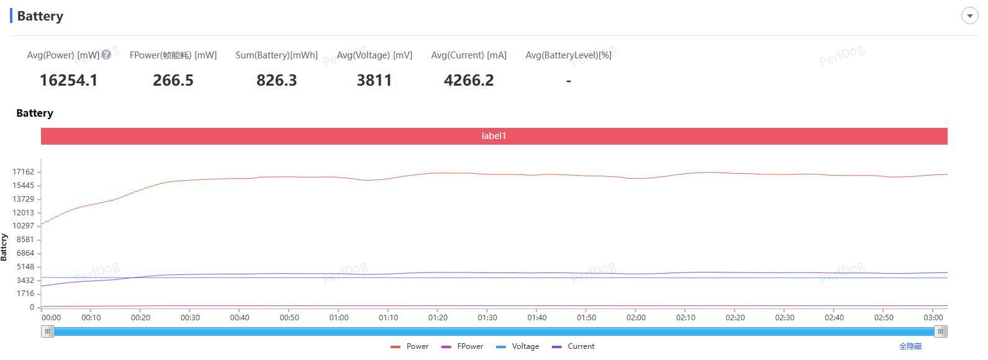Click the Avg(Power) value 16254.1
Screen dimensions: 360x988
point(68,80)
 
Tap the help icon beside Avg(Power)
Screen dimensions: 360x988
point(106,55)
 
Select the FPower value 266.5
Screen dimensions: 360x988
point(173,80)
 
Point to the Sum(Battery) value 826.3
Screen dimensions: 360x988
point(276,80)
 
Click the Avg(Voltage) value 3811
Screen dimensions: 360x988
point(374,80)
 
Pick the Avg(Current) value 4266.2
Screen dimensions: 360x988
point(468,80)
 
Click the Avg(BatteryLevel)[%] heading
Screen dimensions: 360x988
point(568,55)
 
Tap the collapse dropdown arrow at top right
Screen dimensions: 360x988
point(969,16)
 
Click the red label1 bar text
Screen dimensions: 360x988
point(494,136)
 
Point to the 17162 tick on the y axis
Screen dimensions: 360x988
point(24,172)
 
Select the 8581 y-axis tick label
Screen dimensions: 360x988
point(25,240)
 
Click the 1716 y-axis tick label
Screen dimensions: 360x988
point(25,294)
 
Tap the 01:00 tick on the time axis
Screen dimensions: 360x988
point(338,318)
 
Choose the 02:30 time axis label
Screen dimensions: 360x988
point(784,318)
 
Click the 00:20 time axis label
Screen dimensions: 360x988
point(140,318)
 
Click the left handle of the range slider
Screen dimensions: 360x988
point(48,331)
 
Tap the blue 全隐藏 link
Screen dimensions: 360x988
point(910,346)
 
